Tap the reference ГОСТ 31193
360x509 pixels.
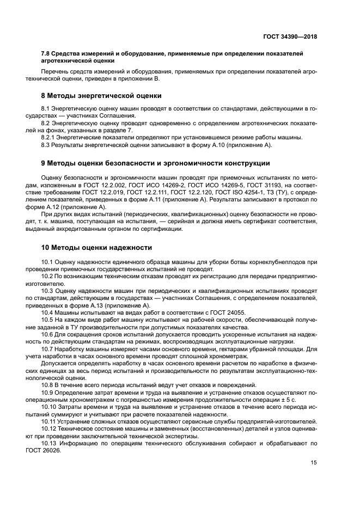[269, 185]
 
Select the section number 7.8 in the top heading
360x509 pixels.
[46, 53]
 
